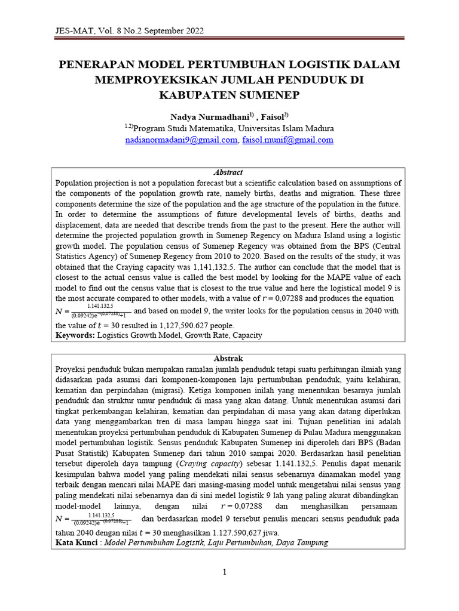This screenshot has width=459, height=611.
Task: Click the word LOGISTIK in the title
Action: click(293, 64)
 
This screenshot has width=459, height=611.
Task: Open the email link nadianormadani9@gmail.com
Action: click(181, 140)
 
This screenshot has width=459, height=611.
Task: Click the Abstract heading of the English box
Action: click(228, 172)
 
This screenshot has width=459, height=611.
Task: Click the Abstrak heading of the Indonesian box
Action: click(228, 359)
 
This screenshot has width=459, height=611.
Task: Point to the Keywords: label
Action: click(75, 335)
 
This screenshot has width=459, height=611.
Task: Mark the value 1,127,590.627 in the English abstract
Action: click(176, 326)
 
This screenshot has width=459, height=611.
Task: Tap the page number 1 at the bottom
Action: click(225, 572)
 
